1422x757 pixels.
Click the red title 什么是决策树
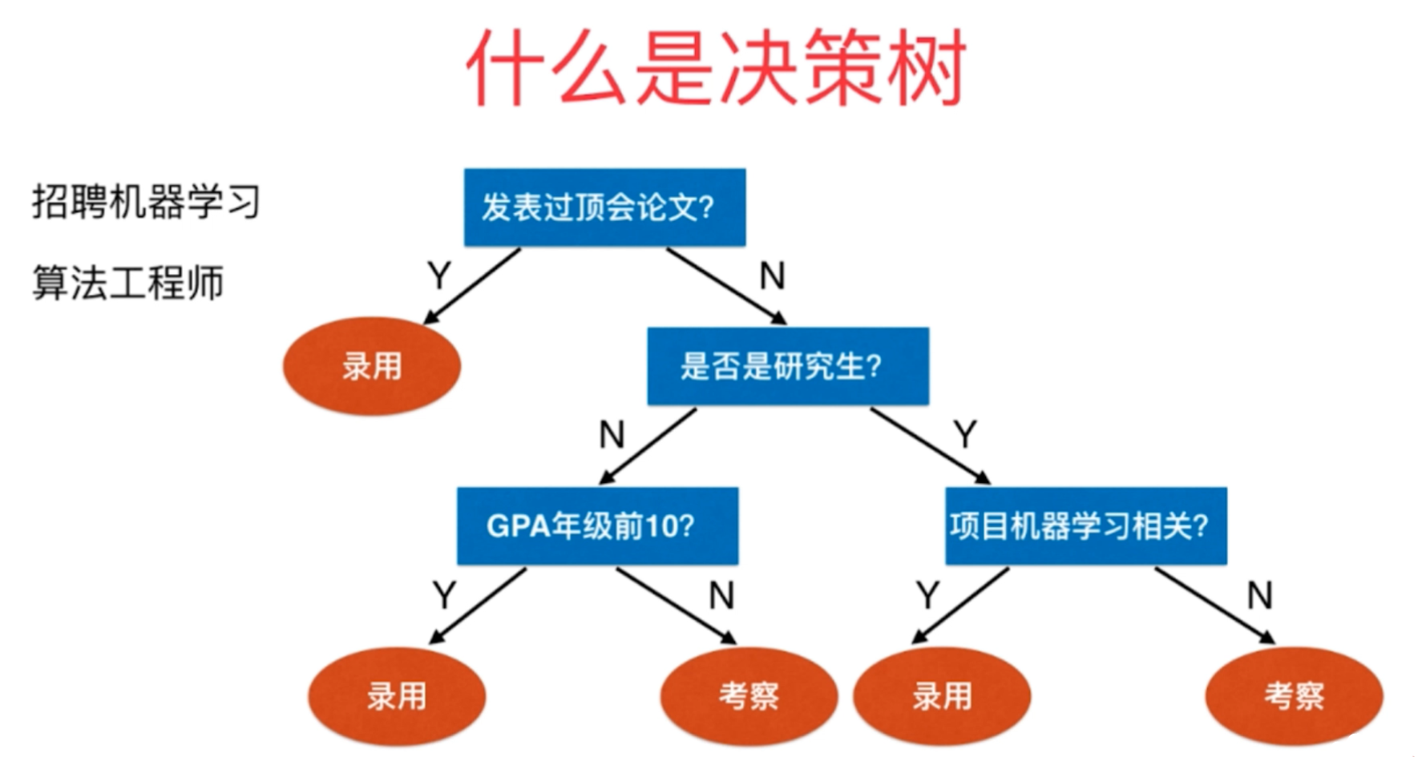pyautogui.click(x=716, y=67)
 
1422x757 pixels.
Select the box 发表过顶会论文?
pyautogui.click(x=604, y=207)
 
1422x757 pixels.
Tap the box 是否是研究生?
pyautogui.click(x=788, y=366)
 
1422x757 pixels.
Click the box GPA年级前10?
pyautogui.click(x=597, y=526)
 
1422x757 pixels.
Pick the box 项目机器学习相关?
pyautogui.click(x=1085, y=526)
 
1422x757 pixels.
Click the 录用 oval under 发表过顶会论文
pyautogui.click(x=371, y=366)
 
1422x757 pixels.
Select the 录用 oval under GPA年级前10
pyautogui.click(x=397, y=696)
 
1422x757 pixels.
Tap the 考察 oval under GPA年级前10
pyautogui.click(x=749, y=696)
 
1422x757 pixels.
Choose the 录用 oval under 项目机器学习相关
pyautogui.click(x=942, y=696)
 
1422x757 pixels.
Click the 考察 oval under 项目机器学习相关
pyautogui.click(x=1294, y=696)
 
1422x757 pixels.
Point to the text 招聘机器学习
pyautogui.click(x=146, y=201)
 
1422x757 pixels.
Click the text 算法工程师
pyautogui.click(x=127, y=283)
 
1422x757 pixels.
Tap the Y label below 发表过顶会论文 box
pyautogui.click(x=439, y=276)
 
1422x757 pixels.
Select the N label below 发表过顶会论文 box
pyautogui.click(x=772, y=276)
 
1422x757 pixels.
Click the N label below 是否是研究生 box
pyautogui.click(x=612, y=435)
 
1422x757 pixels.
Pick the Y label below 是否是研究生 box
pyautogui.click(x=965, y=435)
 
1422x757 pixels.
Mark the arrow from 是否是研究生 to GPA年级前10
pyautogui.click(x=648, y=446)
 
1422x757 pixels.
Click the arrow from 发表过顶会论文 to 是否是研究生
pyautogui.click(x=726, y=286)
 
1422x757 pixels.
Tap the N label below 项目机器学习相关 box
pyautogui.click(x=1259, y=595)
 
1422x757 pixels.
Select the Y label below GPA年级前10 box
pyautogui.click(x=444, y=595)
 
